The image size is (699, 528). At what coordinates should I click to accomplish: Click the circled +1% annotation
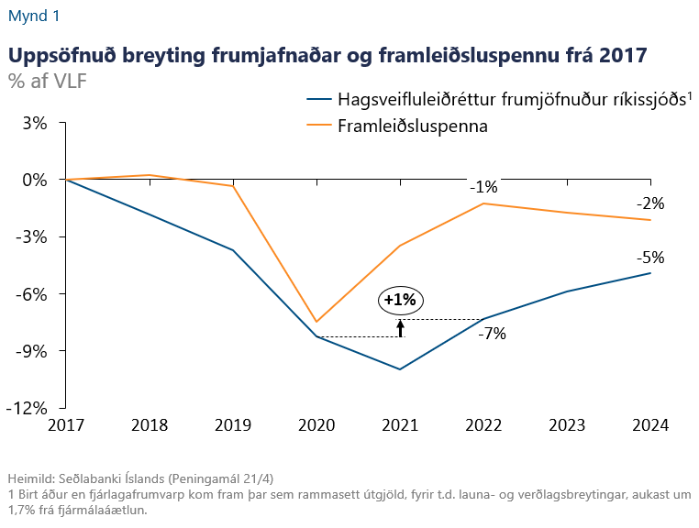point(400,300)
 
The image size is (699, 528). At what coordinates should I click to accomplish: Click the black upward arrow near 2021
point(400,328)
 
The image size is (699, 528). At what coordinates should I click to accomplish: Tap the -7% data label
point(492,334)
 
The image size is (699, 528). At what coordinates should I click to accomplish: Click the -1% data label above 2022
point(483,187)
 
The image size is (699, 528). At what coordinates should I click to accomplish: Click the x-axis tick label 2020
point(317,426)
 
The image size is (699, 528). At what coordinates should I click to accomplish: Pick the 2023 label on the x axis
point(568,426)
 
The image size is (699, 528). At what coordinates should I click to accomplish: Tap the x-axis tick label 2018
point(150,426)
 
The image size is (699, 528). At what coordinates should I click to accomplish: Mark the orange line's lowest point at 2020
point(316,322)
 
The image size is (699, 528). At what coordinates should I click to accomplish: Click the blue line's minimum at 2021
point(400,369)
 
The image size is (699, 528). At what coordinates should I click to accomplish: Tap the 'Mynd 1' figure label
point(36,16)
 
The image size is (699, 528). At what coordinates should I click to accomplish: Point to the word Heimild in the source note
point(29,479)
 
